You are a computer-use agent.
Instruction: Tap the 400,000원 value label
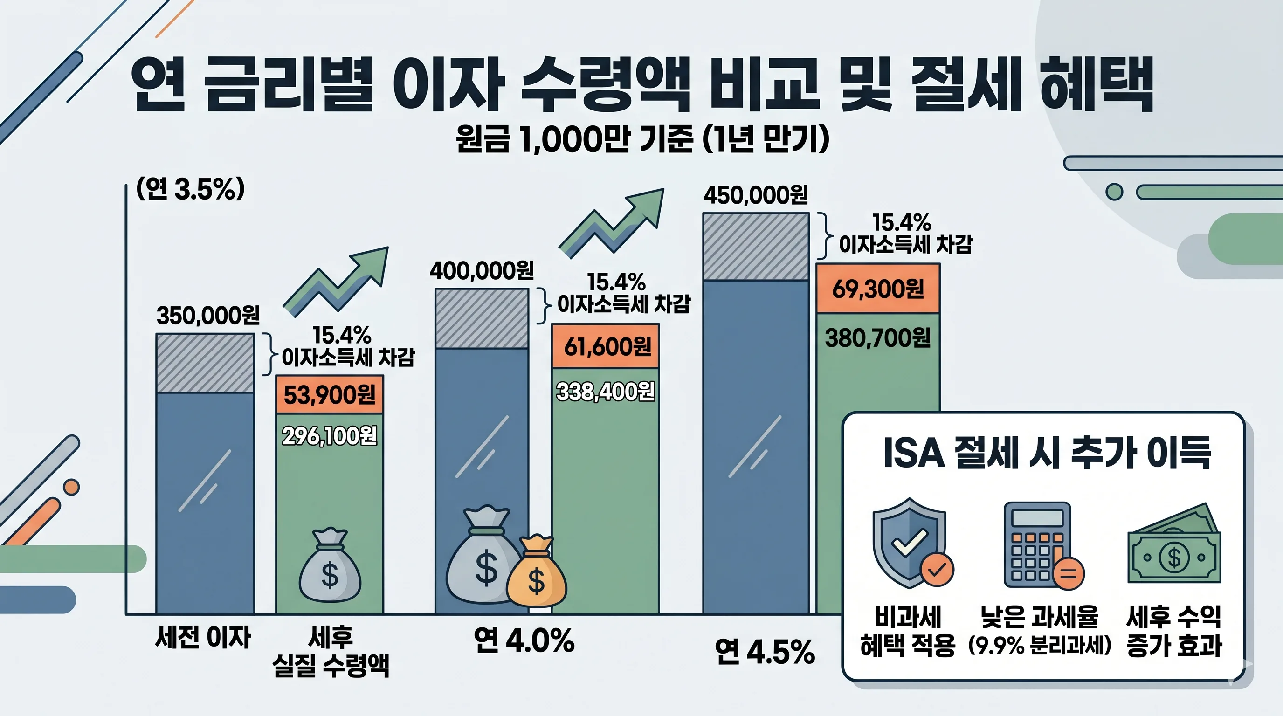point(481,271)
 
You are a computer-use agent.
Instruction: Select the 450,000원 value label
point(756,195)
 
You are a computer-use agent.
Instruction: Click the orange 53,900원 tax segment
point(329,395)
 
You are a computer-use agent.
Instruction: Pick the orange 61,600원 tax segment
point(606,346)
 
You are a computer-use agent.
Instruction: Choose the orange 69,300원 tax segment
point(877,289)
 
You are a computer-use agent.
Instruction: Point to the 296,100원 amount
point(329,436)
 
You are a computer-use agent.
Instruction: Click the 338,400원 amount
point(605,392)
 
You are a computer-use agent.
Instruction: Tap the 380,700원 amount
point(877,338)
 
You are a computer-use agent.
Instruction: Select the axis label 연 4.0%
point(524,640)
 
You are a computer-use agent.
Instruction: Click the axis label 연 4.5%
point(765,652)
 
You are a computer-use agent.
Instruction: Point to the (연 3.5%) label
point(191,189)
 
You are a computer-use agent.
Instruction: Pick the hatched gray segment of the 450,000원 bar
point(756,247)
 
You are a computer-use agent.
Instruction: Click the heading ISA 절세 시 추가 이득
point(1047,453)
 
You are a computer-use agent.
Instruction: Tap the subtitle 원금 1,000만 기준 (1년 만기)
point(642,139)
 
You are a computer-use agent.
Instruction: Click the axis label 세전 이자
point(203,637)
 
